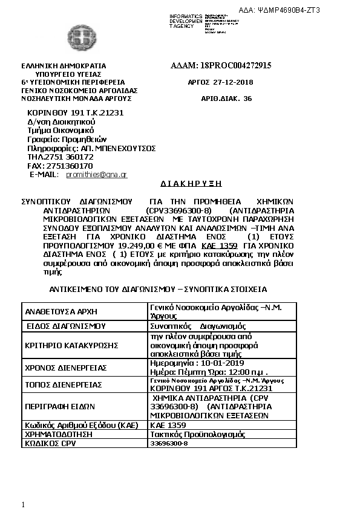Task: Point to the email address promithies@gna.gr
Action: pyautogui.click(x=96, y=174)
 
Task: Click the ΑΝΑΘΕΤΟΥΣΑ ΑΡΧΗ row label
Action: pyautogui.click(x=61, y=311)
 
